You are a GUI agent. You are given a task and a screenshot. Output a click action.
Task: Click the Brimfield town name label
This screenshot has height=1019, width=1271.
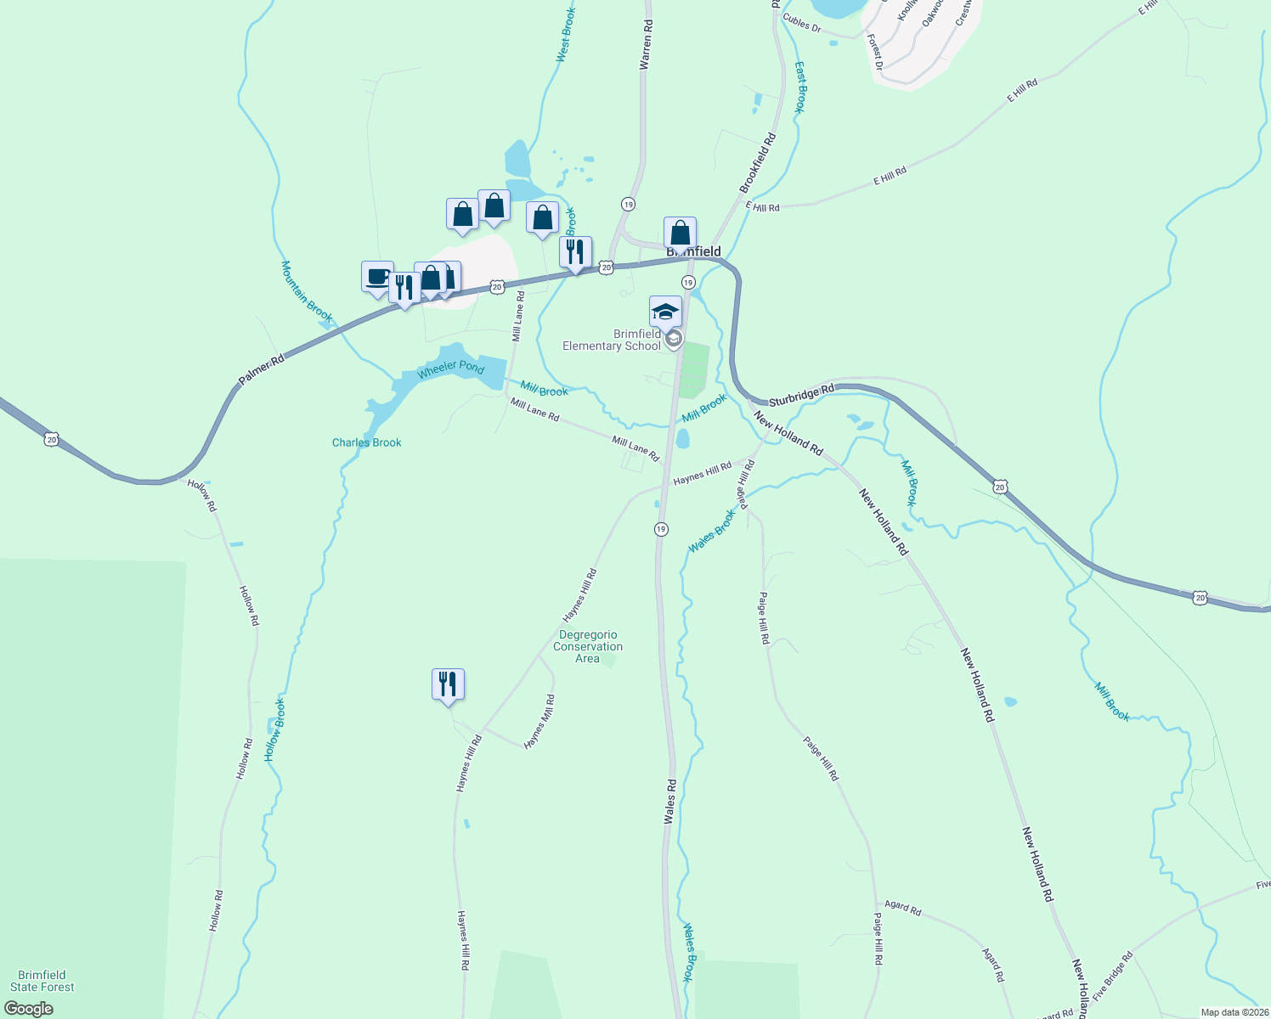(x=694, y=251)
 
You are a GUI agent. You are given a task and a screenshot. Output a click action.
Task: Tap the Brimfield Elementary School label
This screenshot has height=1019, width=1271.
(x=612, y=340)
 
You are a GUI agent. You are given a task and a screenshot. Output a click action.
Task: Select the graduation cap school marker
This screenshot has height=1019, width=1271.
(x=665, y=312)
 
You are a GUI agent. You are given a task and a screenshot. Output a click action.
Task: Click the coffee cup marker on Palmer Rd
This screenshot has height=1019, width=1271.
(x=377, y=277)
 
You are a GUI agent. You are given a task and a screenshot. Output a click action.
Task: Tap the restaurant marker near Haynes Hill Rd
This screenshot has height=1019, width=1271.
(x=448, y=684)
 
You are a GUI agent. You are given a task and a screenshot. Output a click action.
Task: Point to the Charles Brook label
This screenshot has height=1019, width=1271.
(x=366, y=442)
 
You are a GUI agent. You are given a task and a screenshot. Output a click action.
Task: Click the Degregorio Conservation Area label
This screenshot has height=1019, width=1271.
(x=588, y=646)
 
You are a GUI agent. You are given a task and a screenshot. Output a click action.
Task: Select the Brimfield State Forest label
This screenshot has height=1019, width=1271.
(x=42, y=981)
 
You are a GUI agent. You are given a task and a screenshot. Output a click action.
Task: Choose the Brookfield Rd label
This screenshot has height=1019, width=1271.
(x=758, y=162)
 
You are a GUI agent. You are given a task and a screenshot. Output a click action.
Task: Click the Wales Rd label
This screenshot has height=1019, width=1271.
(x=670, y=802)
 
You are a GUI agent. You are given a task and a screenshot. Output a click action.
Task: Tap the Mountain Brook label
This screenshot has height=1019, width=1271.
(x=307, y=290)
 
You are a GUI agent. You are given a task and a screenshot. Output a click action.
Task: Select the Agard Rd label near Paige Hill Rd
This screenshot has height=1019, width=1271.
(x=902, y=908)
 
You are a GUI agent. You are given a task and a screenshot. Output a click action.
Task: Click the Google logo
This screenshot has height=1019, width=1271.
(x=29, y=1009)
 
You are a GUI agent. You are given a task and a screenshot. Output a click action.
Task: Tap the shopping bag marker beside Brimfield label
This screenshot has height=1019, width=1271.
(x=680, y=233)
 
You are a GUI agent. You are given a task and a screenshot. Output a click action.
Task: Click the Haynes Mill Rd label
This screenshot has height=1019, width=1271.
(x=539, y=722)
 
